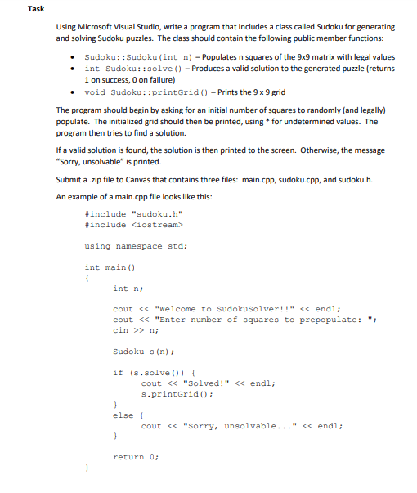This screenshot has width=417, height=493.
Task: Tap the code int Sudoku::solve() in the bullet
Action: (x=124, y=68)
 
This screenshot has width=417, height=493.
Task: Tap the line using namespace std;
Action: (x=136, y=245)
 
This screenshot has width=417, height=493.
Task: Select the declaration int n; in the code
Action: (x=123, y=288)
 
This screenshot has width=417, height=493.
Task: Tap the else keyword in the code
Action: (x=123, y=415)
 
